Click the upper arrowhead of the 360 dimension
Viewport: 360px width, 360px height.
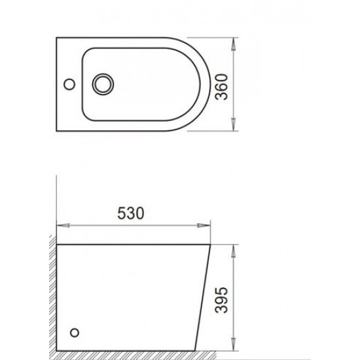(234, 39)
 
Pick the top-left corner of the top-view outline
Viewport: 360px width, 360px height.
(56, 37)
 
